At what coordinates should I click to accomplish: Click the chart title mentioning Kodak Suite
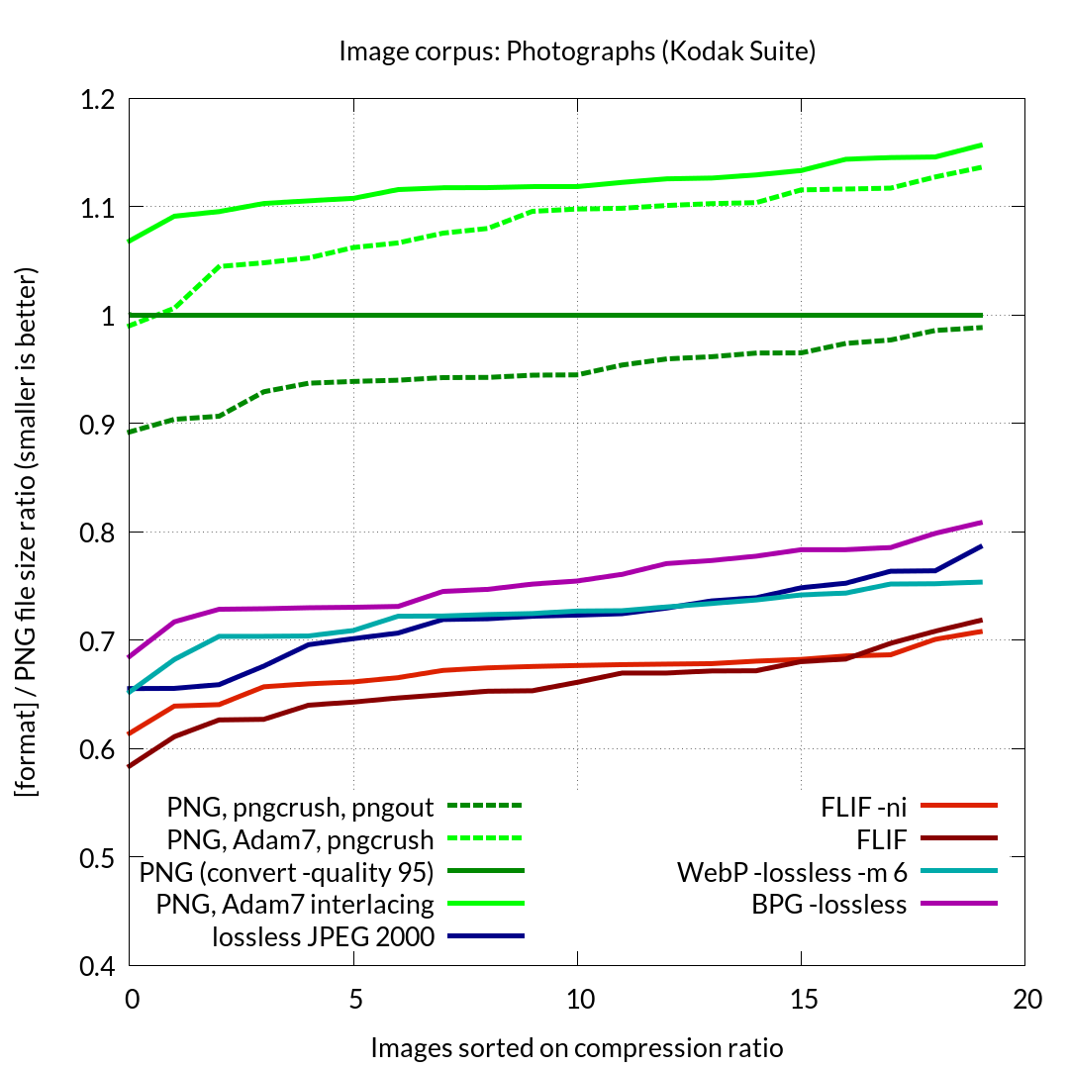[x=577, y=51]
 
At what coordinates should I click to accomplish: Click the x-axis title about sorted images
[x=577, y=1047]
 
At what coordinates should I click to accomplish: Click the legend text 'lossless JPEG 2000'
[x=323, y=936]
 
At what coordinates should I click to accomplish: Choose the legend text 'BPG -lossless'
[x=829, y=904]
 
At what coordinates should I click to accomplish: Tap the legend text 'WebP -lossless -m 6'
[x=792, y=872]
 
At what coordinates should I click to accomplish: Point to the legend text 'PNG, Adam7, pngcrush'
[x=300, y=840]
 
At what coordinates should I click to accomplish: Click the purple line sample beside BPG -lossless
[x=958, y=903]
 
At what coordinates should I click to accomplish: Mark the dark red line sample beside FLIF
[x=958, y=839]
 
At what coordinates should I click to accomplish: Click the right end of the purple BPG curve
[x=980, y=523]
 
